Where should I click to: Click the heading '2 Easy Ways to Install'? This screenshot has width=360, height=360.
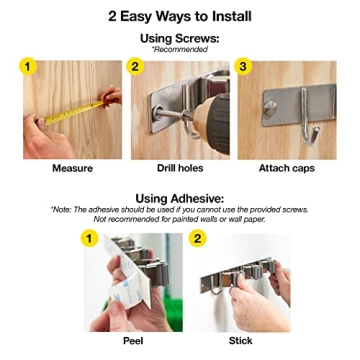pos(179,16)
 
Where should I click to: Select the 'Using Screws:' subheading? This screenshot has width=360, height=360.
pos(180,38)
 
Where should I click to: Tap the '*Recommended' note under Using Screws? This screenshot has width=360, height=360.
pos(180,49)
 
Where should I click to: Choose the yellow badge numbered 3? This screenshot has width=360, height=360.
pos(243,66)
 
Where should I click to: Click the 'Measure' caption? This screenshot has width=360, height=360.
pos(72,169)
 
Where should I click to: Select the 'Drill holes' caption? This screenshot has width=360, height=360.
pos(180,169)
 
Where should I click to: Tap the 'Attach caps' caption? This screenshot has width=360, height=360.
pos(286,169)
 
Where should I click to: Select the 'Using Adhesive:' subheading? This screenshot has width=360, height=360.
pos(180,198)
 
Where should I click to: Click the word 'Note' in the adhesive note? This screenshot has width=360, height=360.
pos(63,209)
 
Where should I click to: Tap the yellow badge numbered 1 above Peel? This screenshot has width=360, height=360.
pos(90,239)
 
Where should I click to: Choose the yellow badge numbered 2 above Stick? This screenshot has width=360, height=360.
pos(197,239)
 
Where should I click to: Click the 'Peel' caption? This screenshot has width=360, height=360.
pos(134,341)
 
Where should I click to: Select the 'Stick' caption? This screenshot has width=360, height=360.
pos(240,341)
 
